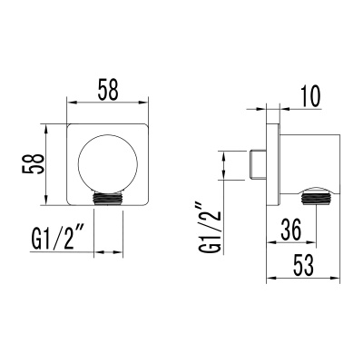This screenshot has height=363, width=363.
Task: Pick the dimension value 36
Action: (x=290, y=231)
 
